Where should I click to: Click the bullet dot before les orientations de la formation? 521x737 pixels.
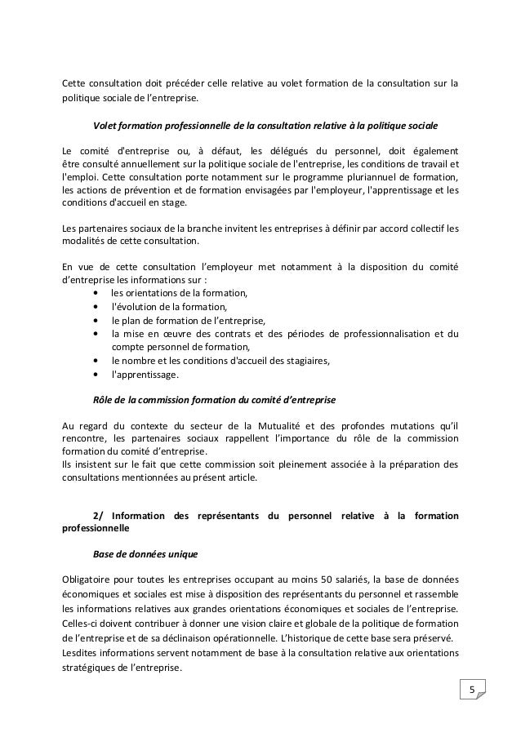(x=98, y=293)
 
